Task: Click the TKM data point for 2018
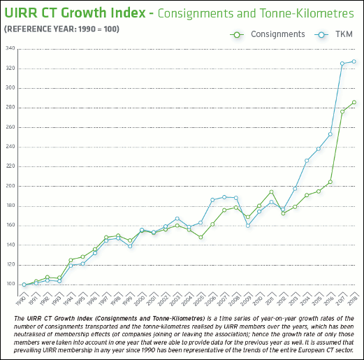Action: (354, 62)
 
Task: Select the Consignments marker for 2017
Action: (342, 112)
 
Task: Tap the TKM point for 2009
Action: (248, 226)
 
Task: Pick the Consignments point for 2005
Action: (201, 237)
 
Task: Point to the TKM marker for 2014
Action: (307, 161)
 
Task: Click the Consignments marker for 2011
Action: (271, 192)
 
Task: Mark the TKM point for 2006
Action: (212, 200)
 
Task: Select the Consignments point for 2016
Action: (330, 182)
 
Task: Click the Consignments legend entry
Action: (268, 34)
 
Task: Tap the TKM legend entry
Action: (333, 34)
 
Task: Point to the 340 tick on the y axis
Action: (10, 48)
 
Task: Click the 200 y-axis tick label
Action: (10, 186)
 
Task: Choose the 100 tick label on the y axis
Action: (10, 284)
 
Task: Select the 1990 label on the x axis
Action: (21, 301)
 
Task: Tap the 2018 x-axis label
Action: (352, 301)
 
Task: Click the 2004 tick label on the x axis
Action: (187, 301)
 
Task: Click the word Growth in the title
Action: (84, 13)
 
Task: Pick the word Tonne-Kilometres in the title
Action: (306, 13)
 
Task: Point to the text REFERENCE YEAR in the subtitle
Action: (40, 29)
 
